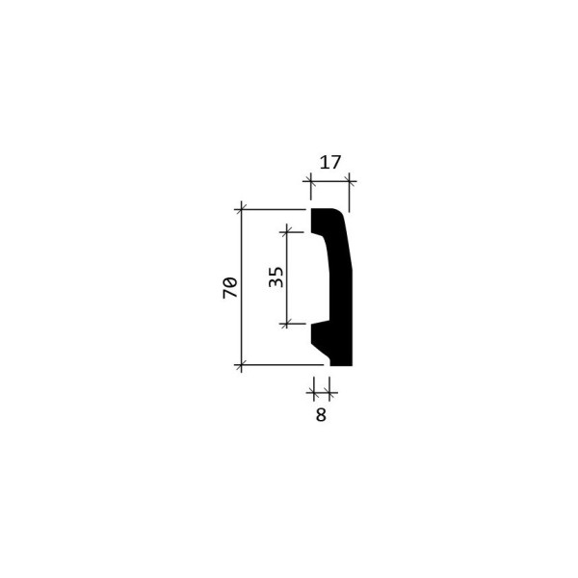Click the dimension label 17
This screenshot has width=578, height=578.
329,163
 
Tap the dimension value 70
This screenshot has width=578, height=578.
230,288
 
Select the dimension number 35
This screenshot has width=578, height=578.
276,276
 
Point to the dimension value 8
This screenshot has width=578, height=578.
321,414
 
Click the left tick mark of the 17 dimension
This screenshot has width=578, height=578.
310,181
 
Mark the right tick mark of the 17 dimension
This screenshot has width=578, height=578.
349,181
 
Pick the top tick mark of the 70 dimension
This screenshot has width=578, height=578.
241,210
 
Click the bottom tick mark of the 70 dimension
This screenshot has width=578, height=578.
241,365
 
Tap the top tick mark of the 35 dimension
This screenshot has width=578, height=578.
287,232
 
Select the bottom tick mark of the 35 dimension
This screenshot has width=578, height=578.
287,324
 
